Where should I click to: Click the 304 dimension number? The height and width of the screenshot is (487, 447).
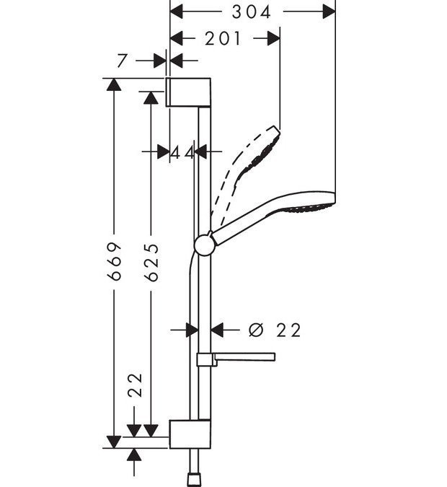click(x=252, y=12)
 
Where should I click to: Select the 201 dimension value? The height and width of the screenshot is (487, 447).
click(x=223, y=39)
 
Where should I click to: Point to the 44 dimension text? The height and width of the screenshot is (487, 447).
click(x=183, y=152)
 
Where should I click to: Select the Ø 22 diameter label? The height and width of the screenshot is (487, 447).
click(x=274, y=330)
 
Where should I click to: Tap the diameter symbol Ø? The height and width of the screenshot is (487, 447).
click(x=256, y=330)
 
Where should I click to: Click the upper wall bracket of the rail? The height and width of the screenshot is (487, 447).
click(x=189, y=91)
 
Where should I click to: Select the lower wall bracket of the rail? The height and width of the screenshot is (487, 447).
click(x=190, y=433)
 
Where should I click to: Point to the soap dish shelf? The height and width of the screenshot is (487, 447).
click(x=238, y=356)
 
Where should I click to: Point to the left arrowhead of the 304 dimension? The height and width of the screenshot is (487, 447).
click(x=177, y=12)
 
